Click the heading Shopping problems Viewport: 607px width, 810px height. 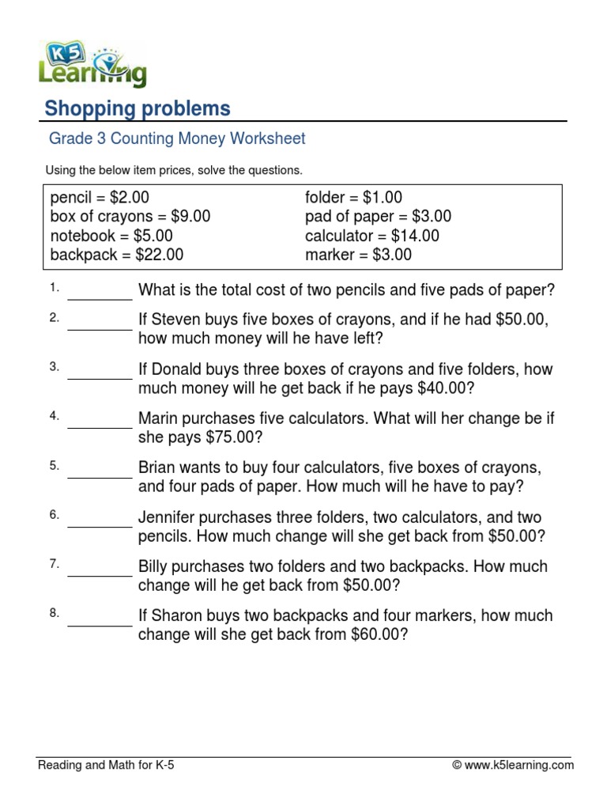click(x=137, y=108)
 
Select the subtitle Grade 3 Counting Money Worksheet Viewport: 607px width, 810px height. click(x=177, y=139)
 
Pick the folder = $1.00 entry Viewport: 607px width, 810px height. click(x=353, y=198)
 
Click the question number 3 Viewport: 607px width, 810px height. click(x=55, y=366)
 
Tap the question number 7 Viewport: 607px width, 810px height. click(x=55, y=564)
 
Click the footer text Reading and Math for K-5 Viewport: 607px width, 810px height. click(x=106, y=765)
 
